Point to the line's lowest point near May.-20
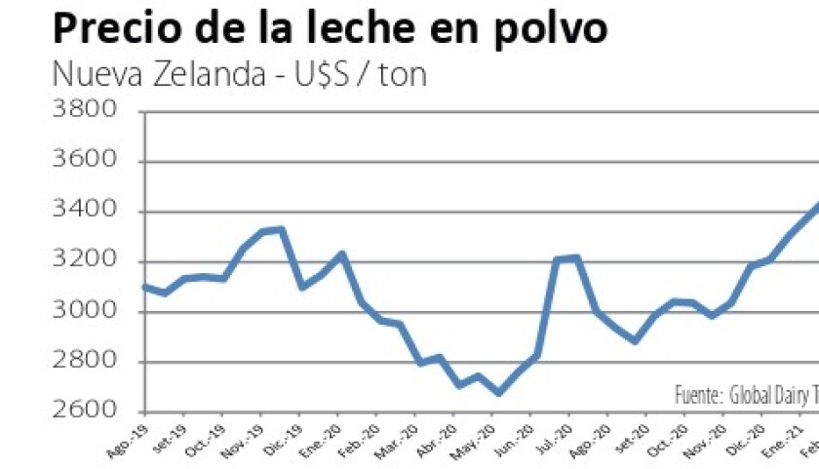498,393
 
